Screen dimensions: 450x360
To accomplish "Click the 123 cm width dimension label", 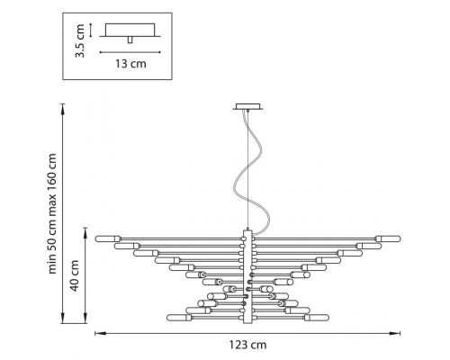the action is point(247,345).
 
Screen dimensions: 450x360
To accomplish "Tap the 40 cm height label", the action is point(74,275).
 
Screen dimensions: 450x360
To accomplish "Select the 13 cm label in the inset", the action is point(130,64).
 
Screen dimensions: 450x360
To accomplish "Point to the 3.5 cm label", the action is point(80,40).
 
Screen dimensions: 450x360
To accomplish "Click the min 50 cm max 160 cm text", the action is point(52,213).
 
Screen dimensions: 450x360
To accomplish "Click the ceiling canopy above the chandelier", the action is point(247,106).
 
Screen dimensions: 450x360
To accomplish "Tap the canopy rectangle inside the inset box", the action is point(130,30).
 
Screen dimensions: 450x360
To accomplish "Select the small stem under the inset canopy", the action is point(130,40).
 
